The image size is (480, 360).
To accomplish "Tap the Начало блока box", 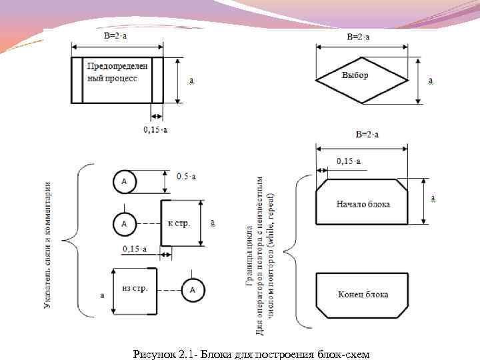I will [x=362, y=203].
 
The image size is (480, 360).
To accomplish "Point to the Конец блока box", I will [x=362, y=294].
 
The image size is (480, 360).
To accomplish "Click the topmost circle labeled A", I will [x=124, y=181].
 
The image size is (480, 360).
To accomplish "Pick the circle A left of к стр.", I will [x=124, y=224].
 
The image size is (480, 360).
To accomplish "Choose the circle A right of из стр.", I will [x=193, y=289].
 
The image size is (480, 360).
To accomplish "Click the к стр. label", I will [x=179, y=223].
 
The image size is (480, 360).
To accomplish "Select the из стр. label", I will [x=135, y=288].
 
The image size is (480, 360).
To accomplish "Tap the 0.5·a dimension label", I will [x=187, y=176].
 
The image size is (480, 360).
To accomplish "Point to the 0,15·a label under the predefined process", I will [x=156, y=128].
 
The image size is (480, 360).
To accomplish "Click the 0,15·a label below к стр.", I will [x=138, y=249].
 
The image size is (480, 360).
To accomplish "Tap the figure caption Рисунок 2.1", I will [x=251, y=353].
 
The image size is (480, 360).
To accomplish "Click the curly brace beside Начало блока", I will [x=296, y=250].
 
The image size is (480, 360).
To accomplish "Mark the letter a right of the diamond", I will [x=431, y=81].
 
